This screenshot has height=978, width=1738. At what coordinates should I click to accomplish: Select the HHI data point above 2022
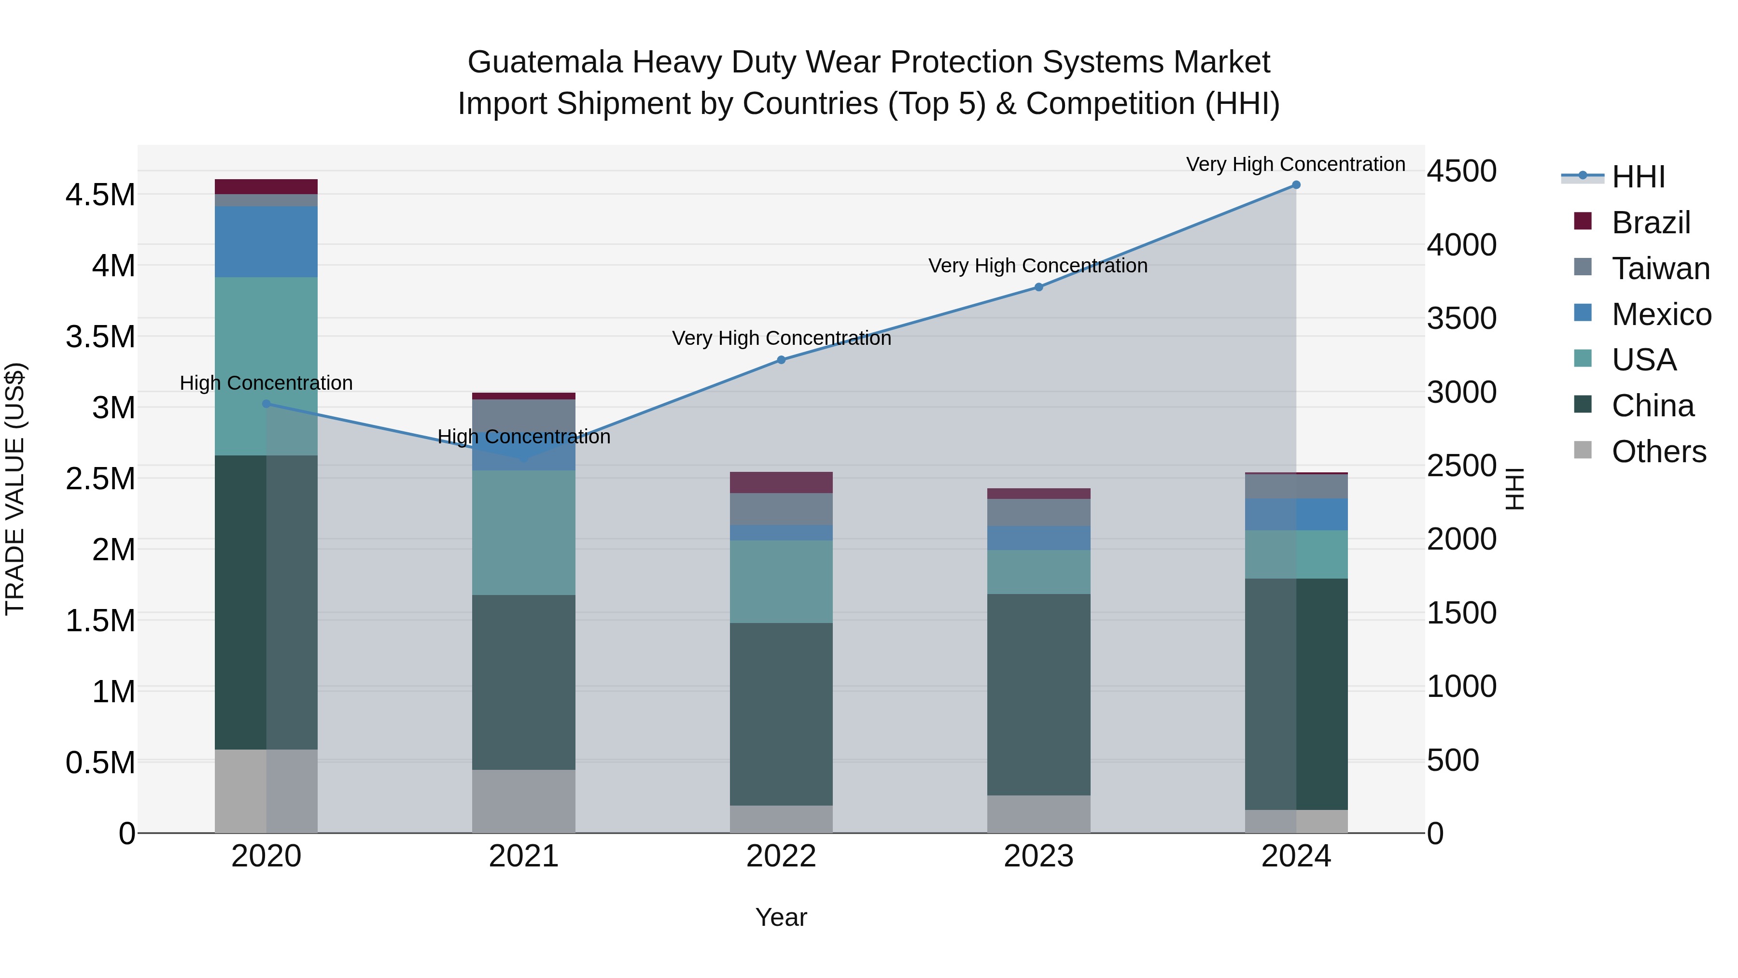781,360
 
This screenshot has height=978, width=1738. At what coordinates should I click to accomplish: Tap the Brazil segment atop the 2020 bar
266,187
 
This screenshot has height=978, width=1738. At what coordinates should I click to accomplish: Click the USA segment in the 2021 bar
523,533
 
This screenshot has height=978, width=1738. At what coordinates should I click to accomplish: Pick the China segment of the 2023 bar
1038,694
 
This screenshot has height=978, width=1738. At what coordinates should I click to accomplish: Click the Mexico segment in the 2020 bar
266,241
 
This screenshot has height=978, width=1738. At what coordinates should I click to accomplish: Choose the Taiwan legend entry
1660,269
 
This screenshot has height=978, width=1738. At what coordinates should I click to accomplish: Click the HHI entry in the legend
1638,177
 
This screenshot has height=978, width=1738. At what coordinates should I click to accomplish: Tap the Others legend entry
1658,452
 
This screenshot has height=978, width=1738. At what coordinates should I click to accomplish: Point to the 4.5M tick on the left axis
100,195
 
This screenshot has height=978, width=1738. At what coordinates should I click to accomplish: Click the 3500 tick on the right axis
1461,319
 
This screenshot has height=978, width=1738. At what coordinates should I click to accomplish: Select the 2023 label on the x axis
1038,856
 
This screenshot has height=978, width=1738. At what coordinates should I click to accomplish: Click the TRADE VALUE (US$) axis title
15,489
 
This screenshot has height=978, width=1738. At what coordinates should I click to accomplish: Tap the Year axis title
781,917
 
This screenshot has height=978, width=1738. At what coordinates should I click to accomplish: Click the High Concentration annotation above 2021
523,437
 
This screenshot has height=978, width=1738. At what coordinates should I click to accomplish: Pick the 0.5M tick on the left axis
100,763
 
